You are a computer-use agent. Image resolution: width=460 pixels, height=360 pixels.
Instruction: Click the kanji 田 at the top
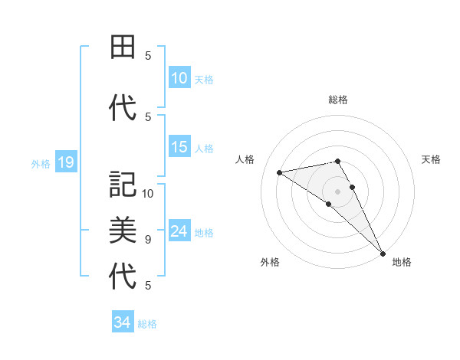(x=123, y=47)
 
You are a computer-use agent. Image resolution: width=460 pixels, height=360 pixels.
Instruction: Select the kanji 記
(x=123, y=185)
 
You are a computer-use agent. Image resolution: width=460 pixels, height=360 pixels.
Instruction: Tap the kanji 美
(x=123, y=230)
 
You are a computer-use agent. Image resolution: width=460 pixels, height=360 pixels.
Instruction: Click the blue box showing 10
(x=179, y=78)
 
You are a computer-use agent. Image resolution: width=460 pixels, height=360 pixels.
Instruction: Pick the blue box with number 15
(x=179, y=148)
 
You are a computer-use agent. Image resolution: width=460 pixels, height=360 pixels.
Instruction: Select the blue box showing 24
(x=179, y=232)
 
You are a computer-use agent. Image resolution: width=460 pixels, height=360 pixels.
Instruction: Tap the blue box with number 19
(x=65, y=162)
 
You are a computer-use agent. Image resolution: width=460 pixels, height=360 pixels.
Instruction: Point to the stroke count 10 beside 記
(x=149, y=194)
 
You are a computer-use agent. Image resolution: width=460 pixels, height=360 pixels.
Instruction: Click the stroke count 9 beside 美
(x=148, y=240)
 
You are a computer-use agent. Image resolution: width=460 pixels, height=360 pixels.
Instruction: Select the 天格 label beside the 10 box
(x=204, y=79)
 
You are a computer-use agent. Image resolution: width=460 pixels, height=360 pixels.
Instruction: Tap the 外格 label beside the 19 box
(x=41, y=163)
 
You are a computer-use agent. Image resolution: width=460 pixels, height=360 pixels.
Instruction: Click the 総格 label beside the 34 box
(x=147, y=323)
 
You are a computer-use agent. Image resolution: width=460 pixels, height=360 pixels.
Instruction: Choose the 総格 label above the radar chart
(x=338, y=100)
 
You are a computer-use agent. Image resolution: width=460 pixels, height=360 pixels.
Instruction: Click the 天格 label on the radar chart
(x=432, y=159)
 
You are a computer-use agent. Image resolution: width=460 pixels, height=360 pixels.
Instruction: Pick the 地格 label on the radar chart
(x=402, y=262)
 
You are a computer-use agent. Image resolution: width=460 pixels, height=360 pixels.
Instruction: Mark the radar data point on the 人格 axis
(x=280, y=172)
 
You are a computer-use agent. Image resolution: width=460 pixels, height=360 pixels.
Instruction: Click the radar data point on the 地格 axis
(x=383, y=253)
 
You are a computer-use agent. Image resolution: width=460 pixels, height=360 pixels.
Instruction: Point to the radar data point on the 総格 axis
(x=337, y=161)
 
